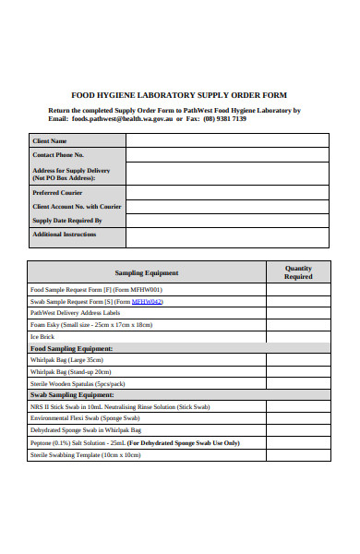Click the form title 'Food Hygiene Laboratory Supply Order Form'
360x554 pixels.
[179, 95]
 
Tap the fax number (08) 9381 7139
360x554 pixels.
[224, 118]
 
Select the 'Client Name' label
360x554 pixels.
[50, 140]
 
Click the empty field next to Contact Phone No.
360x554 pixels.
[227, 155]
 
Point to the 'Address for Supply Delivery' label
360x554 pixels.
[71, 175]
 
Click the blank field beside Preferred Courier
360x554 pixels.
[227, 192]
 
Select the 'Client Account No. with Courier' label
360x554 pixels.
[77, 207]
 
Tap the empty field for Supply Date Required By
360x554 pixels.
[227, 221]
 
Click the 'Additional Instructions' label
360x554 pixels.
[64, 235]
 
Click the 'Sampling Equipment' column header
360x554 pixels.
[146, 272]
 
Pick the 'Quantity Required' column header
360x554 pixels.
[298, 272]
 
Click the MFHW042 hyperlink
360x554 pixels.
[147, 301]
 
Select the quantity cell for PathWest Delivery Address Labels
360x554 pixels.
[298, 313]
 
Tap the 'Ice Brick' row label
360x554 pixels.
[43, 336]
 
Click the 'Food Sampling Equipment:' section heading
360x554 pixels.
[72, 348]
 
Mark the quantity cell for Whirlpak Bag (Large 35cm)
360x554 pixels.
[298, 360]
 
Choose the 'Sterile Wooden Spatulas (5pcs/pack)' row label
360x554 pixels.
[78, 383]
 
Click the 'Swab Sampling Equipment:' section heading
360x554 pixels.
[72, 394]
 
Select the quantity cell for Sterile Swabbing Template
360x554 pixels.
[298, 454]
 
